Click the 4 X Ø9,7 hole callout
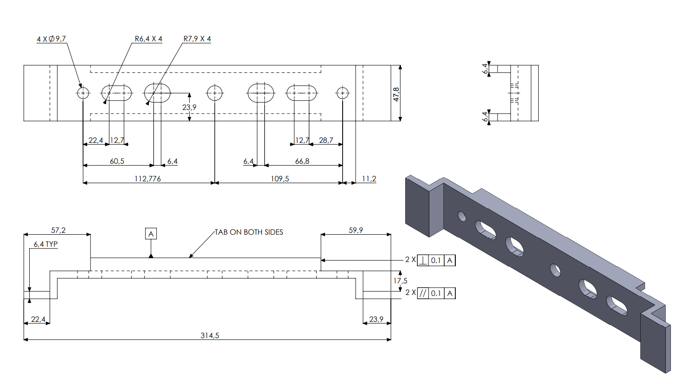[x=51, y=39]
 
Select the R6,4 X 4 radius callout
[x=148, y=39]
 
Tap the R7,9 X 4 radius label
[x=197, y=39]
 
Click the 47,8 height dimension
[x=396, y=94]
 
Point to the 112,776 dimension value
[x=147, y=179]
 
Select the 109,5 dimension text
[x=280, y=179]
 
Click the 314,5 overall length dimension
[x=210, y=335]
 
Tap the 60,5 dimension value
[x=117, y=161]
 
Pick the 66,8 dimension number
[x=302, y=161]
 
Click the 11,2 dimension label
[x=369, y=179]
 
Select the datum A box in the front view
[x=151, y=234]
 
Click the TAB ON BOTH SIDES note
[x=249, y=232]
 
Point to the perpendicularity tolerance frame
[x=436, y=260]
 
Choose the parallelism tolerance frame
[x=436, y=293]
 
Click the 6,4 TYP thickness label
[x=45, y=244]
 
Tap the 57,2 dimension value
[x=58, y=230]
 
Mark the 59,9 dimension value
[x=356, y=230]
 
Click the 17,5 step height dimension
[x=400, y=281]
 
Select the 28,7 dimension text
[x=326, y=140]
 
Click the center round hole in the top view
[x=215, y=93]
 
